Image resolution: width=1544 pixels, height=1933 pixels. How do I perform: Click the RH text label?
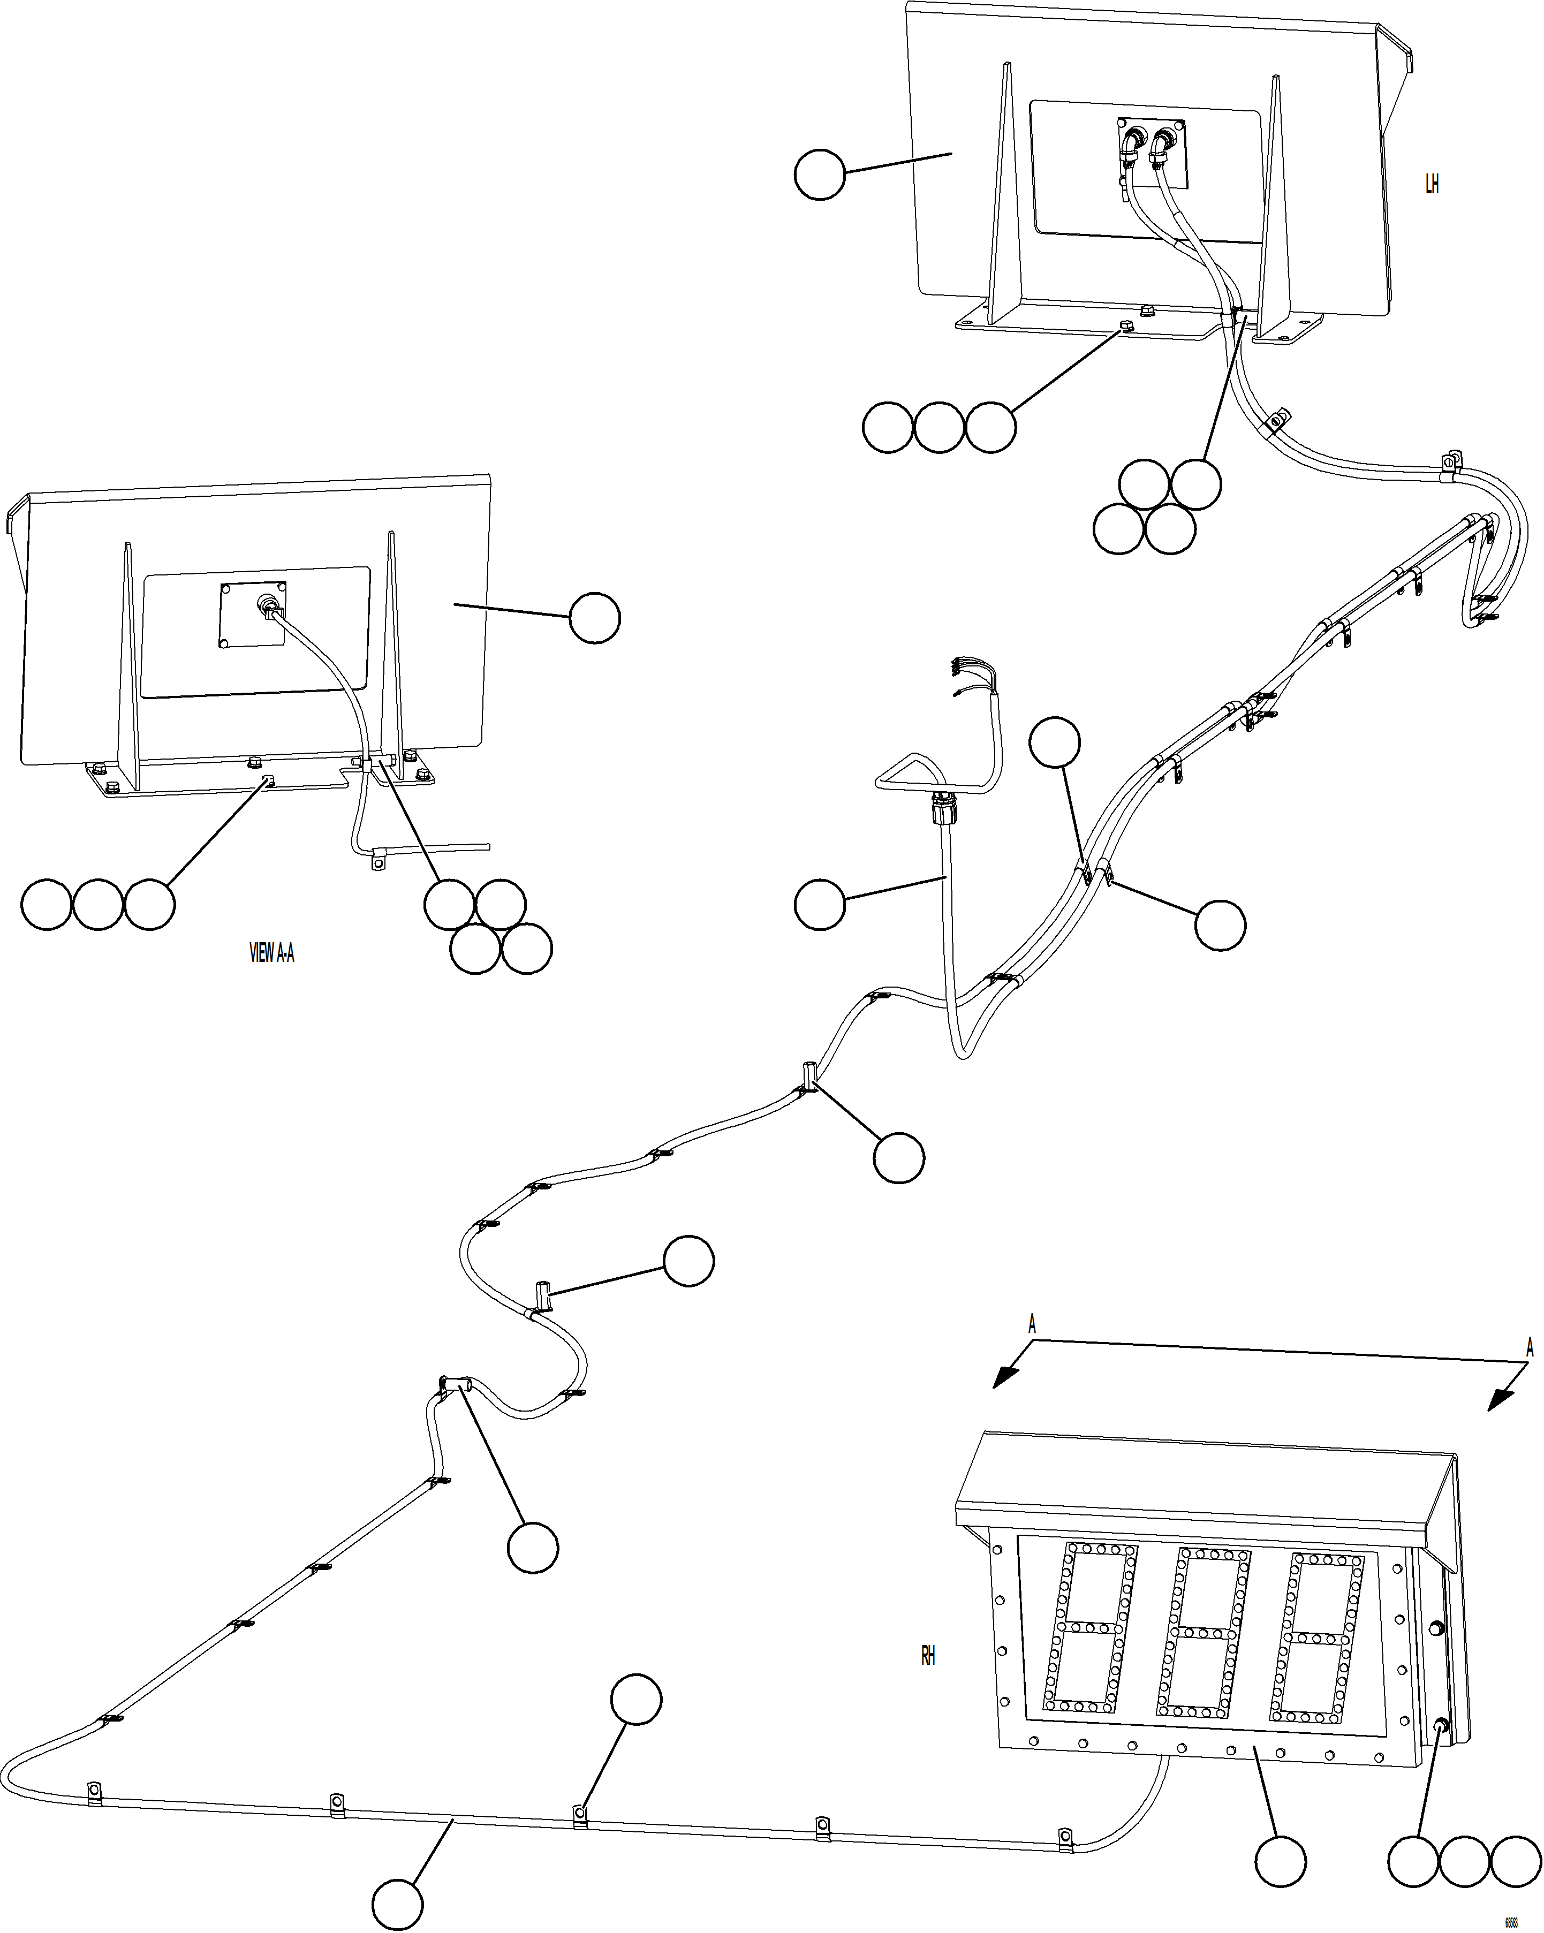point(928,1656)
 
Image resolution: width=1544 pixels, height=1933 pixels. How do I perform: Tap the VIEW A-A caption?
point(271,953)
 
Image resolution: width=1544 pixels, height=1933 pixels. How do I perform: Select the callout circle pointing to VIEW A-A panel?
point(594,617)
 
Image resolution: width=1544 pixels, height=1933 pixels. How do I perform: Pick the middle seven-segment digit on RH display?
point(1206,1631)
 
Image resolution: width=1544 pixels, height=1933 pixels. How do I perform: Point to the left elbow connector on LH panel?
point(1132,143)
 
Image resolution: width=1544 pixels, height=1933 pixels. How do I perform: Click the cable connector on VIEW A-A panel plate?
point(269,607)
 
